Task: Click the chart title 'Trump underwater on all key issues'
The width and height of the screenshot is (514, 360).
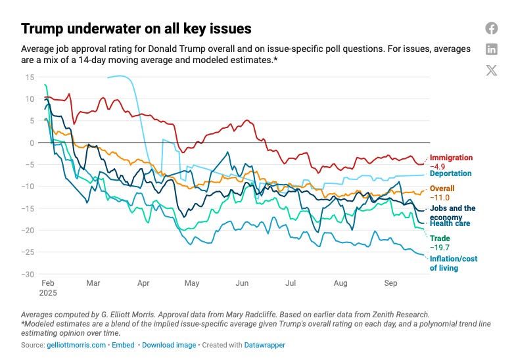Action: click(136, 29)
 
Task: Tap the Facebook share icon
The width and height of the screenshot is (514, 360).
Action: click(492, 28)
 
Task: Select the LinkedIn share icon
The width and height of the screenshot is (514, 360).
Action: click(492, 49)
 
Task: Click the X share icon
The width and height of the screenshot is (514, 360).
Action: click(492, 70)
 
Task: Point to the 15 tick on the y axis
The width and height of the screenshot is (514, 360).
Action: click(30, 77)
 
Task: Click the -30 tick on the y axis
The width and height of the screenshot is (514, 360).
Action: click(28, 274)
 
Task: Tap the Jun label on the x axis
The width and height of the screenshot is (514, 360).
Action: click(242, 283)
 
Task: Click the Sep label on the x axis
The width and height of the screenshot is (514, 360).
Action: click(390, 283)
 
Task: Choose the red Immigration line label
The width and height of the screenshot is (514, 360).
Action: click(451, 158)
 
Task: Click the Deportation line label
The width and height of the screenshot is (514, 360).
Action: click(450, 173)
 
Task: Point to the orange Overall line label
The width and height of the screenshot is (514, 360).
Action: click(442, 189)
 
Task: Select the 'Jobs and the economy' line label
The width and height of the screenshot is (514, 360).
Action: click(452, 212)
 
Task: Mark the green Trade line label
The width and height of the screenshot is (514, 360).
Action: click(439, 238)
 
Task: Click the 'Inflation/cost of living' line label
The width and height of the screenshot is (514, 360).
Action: click(453, 263)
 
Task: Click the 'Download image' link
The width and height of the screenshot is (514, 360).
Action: click(169, 344)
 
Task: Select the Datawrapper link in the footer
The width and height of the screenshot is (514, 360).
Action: click(264, 344)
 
